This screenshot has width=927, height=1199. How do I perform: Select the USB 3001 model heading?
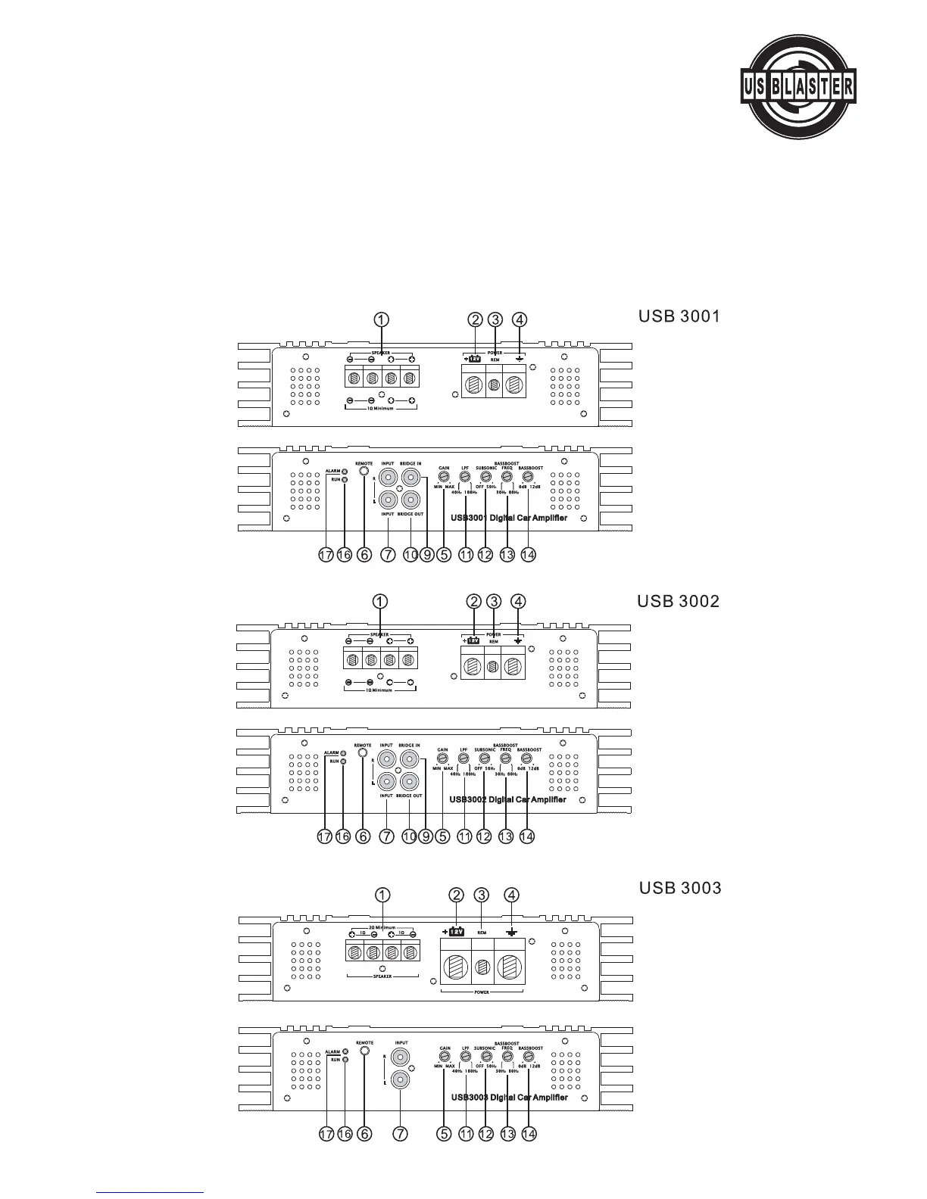tap(679, 316)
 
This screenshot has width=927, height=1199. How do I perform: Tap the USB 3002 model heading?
tap(678, 601)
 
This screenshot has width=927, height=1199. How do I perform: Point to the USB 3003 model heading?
tap(680, 887)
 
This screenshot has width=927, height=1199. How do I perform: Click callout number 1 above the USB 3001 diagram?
tap(382, 319)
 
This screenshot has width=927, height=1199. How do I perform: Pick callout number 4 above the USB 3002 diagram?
tap(518, 602)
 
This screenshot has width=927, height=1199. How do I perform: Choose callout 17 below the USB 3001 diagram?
tap(326, 555)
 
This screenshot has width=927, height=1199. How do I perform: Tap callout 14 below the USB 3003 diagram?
tap(529, 1134)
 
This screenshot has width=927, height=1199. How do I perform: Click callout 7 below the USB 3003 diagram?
tap(401, 1134)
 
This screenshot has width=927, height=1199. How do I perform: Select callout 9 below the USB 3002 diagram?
tap(426, 836)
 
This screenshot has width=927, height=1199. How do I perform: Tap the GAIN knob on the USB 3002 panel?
tap(443, 758)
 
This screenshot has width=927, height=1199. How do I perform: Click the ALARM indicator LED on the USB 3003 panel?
tap(345, 1051)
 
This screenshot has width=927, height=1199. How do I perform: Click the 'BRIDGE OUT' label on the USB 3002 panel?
tap(410, 796)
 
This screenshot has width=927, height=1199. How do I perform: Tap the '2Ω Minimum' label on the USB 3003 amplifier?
tap(382, 926)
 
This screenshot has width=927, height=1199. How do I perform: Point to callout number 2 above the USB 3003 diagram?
tap(456, 895)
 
